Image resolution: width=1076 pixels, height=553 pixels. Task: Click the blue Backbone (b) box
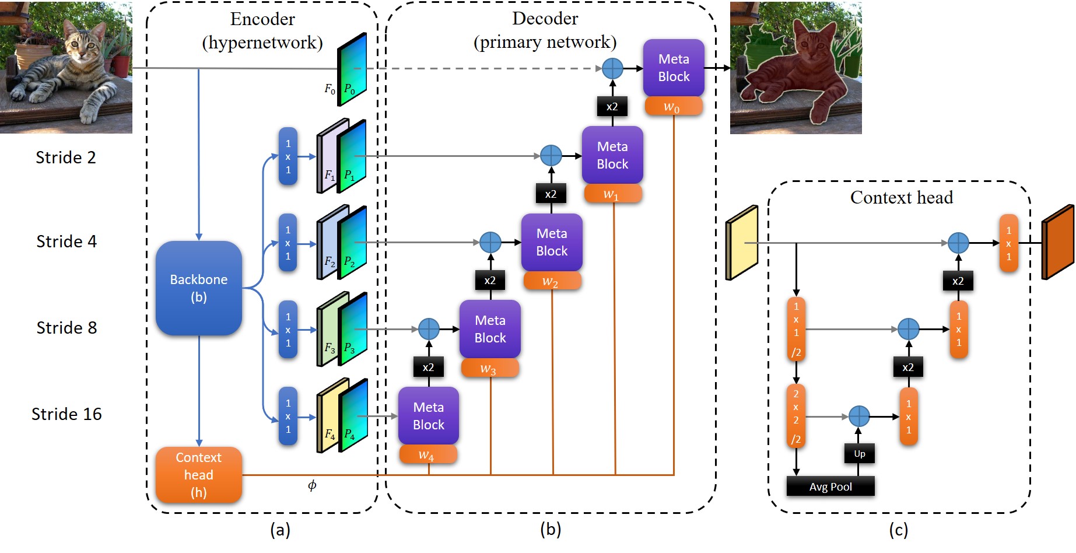tap(199, 288)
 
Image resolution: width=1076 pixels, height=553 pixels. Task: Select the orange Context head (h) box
tap(199, 475)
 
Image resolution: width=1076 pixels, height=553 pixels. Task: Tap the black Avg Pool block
tap(830, 487)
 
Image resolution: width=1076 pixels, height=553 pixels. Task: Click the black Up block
tap(860, 453)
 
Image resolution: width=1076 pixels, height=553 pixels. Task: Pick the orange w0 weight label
tap(674, 107)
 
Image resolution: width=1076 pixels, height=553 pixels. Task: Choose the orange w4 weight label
tap(428, 454)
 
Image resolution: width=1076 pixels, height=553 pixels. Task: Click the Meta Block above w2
tap(552, 242)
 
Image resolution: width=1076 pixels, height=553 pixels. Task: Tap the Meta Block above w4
tap(429, 415)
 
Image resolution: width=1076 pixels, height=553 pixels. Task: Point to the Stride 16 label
tap(66, 414)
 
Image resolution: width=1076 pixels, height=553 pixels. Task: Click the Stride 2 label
tap(66, 157)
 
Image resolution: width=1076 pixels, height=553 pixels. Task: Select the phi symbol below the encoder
tap(312, 485)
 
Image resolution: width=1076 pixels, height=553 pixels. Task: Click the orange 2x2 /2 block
tap(796, 416)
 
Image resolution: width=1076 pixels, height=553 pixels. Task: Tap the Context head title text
tap(902, 197)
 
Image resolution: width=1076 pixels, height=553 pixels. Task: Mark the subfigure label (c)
tap(899, 530)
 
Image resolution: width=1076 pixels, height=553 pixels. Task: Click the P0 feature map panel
tap(352, 69)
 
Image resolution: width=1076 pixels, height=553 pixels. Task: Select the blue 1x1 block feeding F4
tap(288, 416)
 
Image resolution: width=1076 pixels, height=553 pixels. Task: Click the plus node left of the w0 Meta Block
tap(612, 68)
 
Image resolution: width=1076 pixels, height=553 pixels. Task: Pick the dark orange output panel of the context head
tap(1058, 242)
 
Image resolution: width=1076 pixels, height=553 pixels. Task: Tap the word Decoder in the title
tap(545, 19)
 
